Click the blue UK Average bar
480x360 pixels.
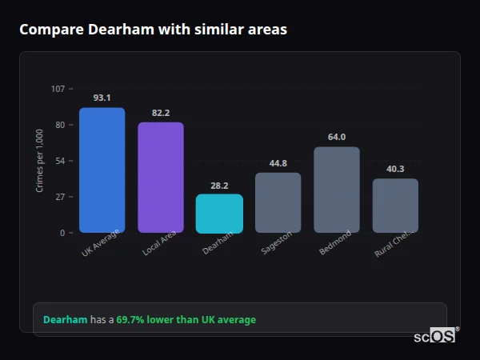click(102, 170)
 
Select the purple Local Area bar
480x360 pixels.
click(161, 178)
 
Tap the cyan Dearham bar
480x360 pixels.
click(219, 214)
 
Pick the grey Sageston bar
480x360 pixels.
click(278, 202)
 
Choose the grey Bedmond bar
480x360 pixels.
click(337, 190)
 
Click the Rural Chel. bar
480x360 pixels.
click(395, 206)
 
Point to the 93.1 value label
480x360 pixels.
click(102, 98)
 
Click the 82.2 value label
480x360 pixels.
click(161, 113)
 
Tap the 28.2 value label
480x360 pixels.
click(219, 185)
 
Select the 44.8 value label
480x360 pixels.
click(278, 163)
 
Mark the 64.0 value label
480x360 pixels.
click(337, 137)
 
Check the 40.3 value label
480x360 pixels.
click(395, 169)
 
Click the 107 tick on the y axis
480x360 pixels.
click(58, 89)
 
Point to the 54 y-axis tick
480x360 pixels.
click(60, 161)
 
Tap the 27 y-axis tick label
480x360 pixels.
click(60, 197)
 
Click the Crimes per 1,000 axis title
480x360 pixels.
click(40, 161)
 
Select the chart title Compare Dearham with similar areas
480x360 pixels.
click(153, 30)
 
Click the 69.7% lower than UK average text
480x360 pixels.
click(186, 320)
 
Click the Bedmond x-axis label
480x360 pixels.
click(334, 243)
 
